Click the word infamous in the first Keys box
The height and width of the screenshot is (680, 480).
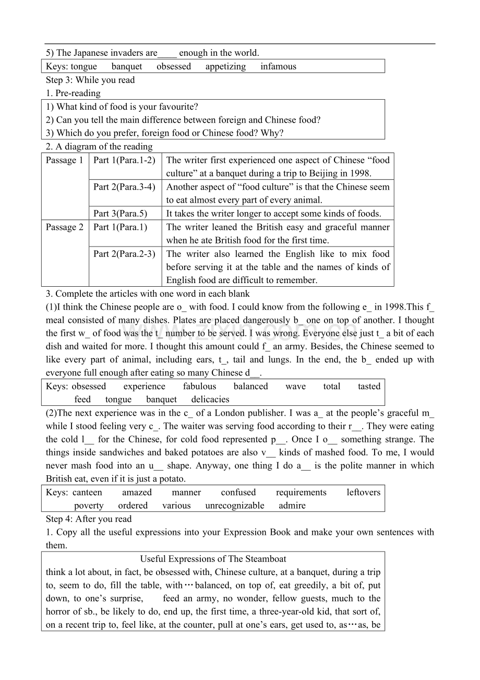coord(278,66)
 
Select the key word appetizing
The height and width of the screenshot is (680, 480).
coord(225,66)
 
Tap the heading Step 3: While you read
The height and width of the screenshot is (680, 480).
coord(90,80)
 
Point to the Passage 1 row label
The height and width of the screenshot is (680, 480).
coord(65,160)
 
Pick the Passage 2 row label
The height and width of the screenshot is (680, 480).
coord(65,227)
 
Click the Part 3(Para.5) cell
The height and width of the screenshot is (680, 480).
coord(121,213)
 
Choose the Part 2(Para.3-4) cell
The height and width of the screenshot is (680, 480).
coord(124,186)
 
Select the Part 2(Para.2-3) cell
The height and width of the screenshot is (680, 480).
coord(124,254)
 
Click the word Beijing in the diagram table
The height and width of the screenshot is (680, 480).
coord(325,173)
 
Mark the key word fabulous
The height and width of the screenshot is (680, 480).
coord(199,386)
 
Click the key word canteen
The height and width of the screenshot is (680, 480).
coord(87,493)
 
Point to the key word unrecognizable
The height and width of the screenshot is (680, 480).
coord(235,506)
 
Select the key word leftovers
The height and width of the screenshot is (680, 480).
coord(364,493)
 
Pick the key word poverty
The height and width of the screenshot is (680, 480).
coord(89,506)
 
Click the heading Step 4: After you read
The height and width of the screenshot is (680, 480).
coord(89,519)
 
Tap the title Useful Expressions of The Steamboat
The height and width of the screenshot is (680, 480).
coord(213,559)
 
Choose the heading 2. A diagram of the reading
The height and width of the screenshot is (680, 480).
coord(99,147)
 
